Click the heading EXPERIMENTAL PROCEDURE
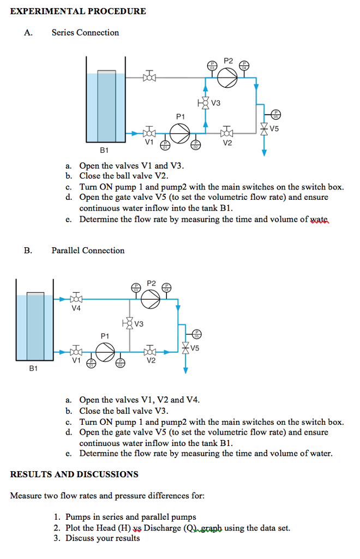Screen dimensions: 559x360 (x=78, y=11)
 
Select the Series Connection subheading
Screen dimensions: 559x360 (x=85, y=33)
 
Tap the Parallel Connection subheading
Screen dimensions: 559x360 (x=88, y=251)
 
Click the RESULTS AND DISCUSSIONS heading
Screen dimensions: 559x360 (x=74, y=474)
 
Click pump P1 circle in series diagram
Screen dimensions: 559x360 (x=180, y=133)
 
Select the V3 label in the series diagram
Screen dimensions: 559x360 (x=217, y=103)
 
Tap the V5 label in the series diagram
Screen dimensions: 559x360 (x=274, y=129)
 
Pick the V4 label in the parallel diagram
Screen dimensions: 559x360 (x=76, y=308)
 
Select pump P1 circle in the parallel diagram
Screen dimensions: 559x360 (x=105, y=350)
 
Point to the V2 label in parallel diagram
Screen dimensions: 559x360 (x=151, y=361)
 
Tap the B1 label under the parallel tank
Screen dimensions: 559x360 (x=34, y=369)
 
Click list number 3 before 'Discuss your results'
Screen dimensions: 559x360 (x=57, y=538)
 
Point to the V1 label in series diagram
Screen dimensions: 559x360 (x=149, y=142)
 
